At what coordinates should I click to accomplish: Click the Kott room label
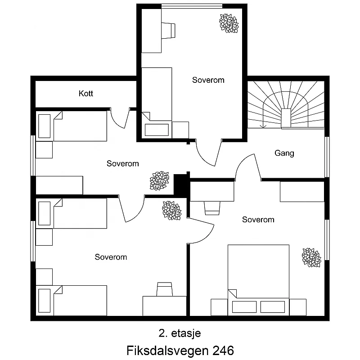coord(85,94)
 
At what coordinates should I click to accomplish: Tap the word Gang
coord(284,153)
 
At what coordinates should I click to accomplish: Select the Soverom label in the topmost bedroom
coord(208,80)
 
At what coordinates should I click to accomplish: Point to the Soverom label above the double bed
coord(258,220)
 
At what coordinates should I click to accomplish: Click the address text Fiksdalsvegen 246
coord(180,350)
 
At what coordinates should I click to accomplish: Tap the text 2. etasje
coord(180,333)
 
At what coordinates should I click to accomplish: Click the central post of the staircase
coord(286,117)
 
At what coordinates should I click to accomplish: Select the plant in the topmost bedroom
coord(229,23)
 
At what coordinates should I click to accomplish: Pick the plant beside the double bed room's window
coord(311,257)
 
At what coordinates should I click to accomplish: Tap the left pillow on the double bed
coord(244,307)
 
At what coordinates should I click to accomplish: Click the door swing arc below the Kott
coord(120,119)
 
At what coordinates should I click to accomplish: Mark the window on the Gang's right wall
coord(327,157)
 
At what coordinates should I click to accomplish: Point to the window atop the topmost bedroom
coord(192,6)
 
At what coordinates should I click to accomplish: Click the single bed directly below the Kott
coord(72,126)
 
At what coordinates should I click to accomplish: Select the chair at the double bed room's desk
coord(212,208)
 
